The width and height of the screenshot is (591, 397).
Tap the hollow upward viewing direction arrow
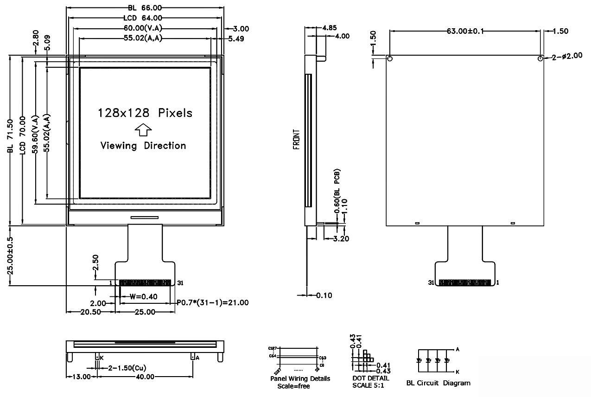[144, 129]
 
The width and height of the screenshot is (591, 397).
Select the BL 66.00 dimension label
[144, 8]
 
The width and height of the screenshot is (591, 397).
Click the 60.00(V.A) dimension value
[144, 28]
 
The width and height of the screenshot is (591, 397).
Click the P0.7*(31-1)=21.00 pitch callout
[213, 302]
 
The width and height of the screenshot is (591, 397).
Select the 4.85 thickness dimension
[329, 27]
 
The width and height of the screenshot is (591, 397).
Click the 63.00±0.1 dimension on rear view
[465, 31]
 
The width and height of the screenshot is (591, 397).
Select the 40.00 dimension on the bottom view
[144, 377]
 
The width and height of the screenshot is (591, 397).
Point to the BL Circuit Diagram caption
[438, 383]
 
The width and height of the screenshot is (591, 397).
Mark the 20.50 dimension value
[90, 312]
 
